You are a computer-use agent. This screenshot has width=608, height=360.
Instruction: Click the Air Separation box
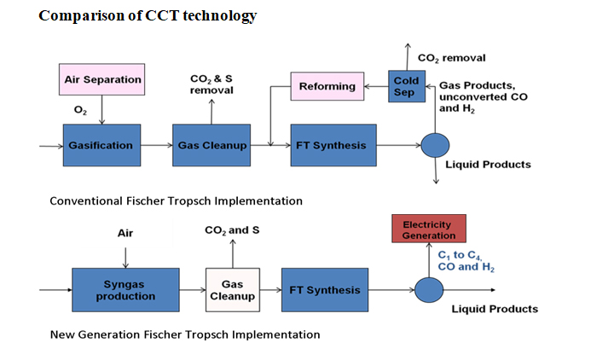coord(102,80)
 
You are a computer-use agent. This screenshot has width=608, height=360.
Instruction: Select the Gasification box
coord(101,145)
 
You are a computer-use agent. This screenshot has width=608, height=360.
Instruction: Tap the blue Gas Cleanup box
coord(211,145)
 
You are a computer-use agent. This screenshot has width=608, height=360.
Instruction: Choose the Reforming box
coord(327,86)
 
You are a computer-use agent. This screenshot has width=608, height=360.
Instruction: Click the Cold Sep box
coord(406,86)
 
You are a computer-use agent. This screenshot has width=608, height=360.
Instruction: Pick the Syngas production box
coord(125,290)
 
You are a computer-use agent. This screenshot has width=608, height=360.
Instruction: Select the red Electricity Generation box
coord(429,229)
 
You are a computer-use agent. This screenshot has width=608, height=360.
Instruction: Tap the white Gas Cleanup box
coord(232,290)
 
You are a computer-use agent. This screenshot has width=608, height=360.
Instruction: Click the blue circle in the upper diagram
coord(435,145)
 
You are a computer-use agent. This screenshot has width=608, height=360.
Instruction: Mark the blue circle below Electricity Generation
coord(429,290)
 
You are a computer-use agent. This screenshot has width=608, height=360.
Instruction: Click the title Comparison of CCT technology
coord(148,16)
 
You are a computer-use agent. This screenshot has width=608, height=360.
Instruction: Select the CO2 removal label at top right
coord(451,58)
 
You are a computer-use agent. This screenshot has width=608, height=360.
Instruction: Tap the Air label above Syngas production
coord(125,232)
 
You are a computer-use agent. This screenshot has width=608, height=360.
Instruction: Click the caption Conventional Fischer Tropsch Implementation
coord(176,201)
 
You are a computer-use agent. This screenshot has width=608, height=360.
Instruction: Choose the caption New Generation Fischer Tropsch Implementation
coord(185,334)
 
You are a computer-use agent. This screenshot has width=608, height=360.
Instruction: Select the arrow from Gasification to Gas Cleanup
coord(154,145)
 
